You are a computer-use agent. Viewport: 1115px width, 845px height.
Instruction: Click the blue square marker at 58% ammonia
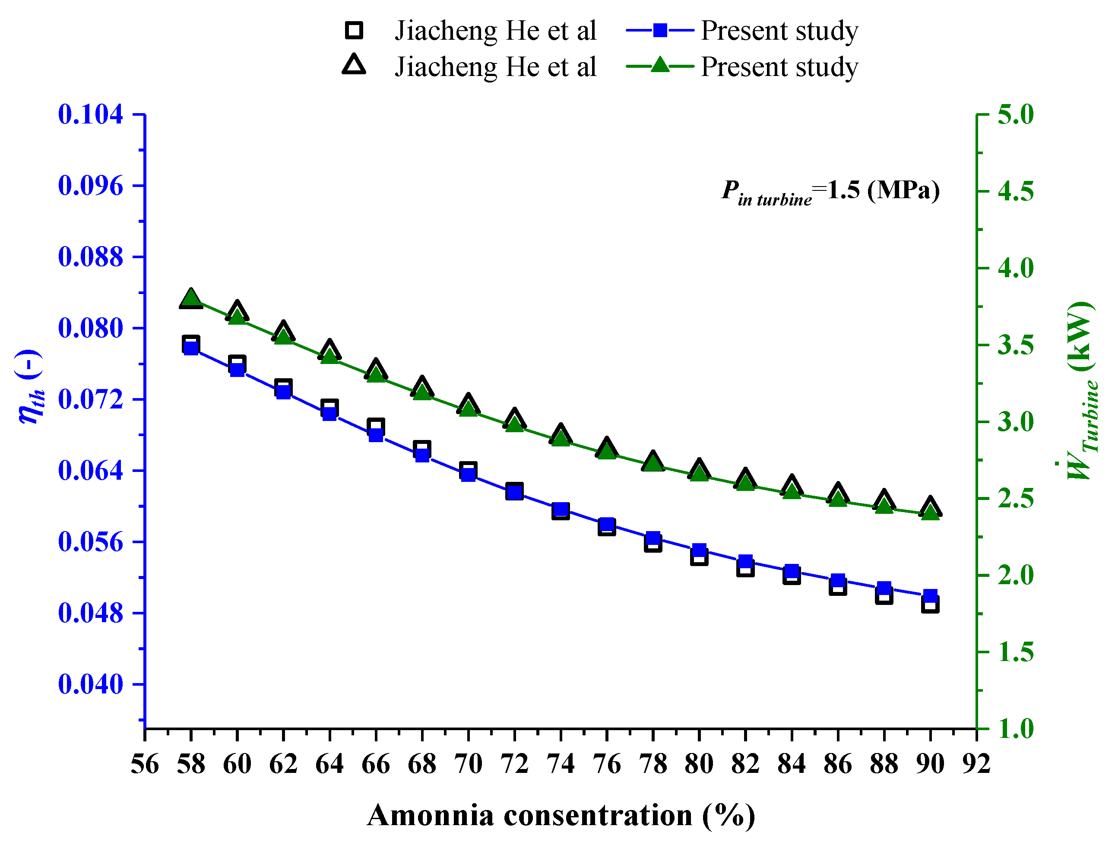point(191,348)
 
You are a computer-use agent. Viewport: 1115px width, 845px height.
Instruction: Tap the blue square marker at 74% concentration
point(561,509)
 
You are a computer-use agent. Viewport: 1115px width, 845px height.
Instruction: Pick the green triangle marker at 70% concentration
point(468,408)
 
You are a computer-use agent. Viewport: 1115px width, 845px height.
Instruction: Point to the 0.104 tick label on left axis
point(90,114)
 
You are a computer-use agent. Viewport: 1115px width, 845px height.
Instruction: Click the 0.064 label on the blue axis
point(90,471)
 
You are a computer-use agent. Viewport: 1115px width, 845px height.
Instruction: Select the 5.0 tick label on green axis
point(1015,114)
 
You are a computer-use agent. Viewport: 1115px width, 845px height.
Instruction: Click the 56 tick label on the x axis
point(145,764)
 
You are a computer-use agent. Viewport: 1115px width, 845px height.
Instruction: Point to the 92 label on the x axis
point(976,764)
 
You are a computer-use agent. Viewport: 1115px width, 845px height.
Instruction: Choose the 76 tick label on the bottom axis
point(606,764)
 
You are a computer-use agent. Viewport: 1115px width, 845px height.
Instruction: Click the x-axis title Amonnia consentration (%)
point(561,815)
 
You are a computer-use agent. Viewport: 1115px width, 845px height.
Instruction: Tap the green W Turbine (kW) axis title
point(1082,390)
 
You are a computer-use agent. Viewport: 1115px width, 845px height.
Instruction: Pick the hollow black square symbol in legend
point(354,30)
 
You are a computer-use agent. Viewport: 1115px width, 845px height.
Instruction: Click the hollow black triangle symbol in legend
point(354,66)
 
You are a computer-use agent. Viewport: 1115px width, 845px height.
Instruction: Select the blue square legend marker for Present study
point(660,30)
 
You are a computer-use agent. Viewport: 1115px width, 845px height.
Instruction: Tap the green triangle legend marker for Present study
point(660,66)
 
